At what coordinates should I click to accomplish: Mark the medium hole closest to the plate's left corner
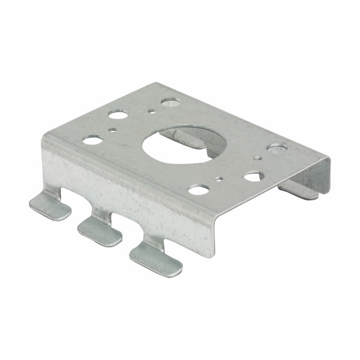pyautogui.click(x=92, y=140)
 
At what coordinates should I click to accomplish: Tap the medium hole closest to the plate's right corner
pyautogui.click(x=277, y=147)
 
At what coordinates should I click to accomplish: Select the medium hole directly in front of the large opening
pyautogui.click(x=198, y=190)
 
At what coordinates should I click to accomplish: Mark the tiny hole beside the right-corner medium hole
pyautogui.click(x=257, y=158)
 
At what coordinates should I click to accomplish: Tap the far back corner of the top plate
pyautogui.click(x=157, y=84)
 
